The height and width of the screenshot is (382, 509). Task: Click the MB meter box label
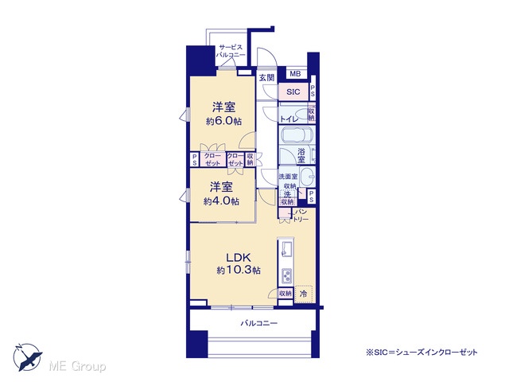pos(295,74)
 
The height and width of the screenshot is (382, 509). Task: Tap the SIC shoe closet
pos(293,92)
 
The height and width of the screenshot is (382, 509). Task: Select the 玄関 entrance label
pos(267,78)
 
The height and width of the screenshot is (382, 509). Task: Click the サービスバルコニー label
pos(231,51)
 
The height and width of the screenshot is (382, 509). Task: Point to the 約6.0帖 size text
pos(224,122)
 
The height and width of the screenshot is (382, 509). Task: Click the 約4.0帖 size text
pos(221,201)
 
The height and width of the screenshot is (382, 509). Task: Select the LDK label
pos(239,257)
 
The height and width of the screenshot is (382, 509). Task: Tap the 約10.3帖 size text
pos(239,271)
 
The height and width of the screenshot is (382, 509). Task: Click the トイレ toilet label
pos(289,119)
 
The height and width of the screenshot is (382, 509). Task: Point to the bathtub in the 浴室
pos(296,134)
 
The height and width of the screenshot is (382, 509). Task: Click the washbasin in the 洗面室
pos(307,177)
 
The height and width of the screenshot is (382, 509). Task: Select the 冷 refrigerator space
pos(304,294)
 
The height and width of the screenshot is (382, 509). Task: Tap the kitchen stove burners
pos(286,276)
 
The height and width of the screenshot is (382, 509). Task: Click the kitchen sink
pos(286,248)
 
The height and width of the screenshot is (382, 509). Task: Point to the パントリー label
pos(301,216)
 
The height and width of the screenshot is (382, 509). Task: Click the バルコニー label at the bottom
pos(259,323)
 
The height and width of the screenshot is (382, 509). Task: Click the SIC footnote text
pos(422,352)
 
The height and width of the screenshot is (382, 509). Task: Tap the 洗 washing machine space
pos(288,195)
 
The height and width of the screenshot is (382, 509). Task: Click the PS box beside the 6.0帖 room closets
pos(194,159)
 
